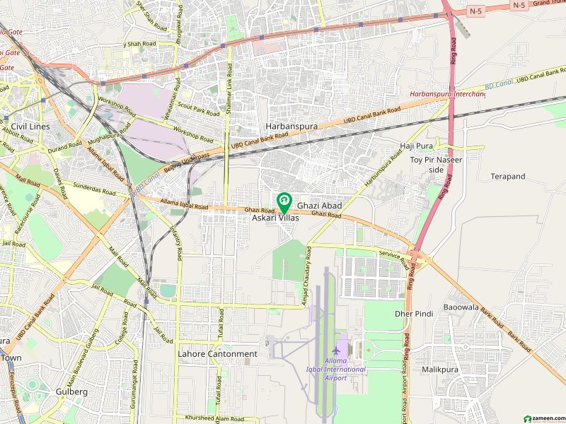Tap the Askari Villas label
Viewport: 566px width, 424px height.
click(x=276, y=219)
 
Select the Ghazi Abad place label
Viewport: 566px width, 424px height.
click(x=319, y=206)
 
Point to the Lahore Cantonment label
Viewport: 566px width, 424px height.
click(x=217, y=354)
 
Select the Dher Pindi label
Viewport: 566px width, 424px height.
click(x=414, y=313)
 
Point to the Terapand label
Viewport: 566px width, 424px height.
click(x=508, y=176)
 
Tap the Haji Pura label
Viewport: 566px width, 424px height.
click(x=416, y=146)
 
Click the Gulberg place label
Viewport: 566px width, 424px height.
click(x=71, y=391)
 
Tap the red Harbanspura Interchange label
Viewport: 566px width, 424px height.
click(x=447, y=94)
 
